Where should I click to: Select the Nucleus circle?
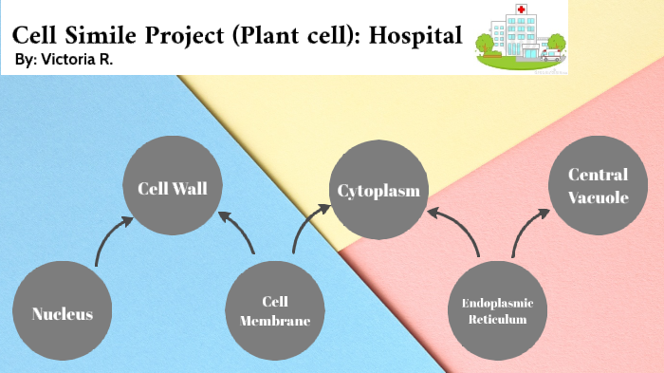pos(63,312)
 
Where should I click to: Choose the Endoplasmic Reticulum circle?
pos(497,312)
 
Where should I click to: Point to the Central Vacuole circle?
pos(598,184)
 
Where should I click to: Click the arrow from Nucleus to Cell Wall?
pos(107,239)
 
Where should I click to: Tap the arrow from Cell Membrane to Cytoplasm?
pos(304,232)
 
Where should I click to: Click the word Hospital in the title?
pos(415,35)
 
